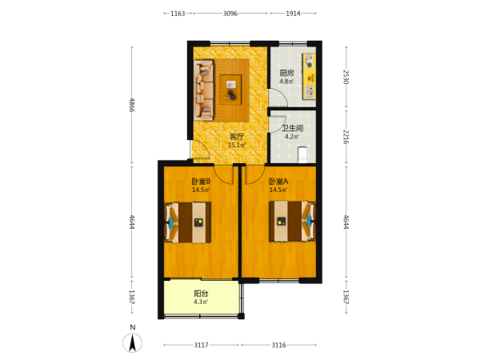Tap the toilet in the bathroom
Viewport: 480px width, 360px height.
pos(302,154)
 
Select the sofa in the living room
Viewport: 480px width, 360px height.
pos(203,90)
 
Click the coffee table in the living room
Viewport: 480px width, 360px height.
pos(230,90)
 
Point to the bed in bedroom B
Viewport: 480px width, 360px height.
pos(188,222)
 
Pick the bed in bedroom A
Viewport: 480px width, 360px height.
pos(292,221)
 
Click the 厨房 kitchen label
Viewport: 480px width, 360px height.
pos(287,73)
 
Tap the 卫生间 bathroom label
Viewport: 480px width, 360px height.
pos(292,128)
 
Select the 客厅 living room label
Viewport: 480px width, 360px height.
pos(237,137)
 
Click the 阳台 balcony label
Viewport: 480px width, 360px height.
pos(201,294)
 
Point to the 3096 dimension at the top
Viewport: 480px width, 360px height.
pos(230,14)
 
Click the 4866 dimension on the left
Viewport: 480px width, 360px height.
pos(132,105)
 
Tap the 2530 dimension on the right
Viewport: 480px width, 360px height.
pos(346,77)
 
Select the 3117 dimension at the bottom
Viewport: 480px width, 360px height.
pos(201,345)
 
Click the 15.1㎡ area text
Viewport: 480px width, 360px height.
pos(237,145)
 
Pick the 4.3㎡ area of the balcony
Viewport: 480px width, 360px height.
pos(201,302)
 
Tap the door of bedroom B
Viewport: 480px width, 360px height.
pos(224,174)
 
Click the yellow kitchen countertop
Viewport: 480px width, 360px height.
pos(309,76)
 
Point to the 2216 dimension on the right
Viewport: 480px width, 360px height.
pos(346,137)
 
